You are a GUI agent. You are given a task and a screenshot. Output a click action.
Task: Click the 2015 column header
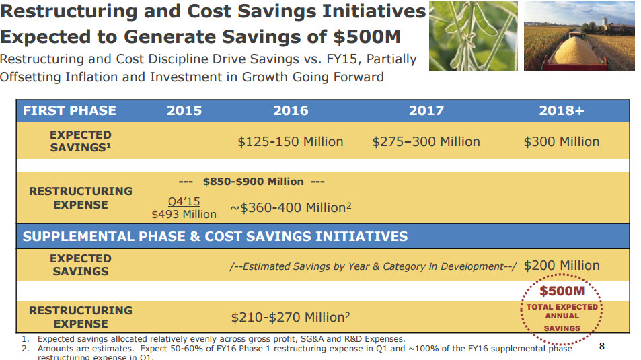tap(184, 111)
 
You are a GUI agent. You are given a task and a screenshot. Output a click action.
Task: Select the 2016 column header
tap(291, 111)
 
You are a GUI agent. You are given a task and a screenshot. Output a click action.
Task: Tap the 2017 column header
tap(426, 111)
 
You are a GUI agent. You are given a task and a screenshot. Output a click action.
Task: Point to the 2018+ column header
tap(562, 111)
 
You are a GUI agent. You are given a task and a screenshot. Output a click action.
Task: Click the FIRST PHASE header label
tap(69, 111)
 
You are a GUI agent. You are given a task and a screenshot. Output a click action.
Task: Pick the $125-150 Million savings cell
tap(291, 142)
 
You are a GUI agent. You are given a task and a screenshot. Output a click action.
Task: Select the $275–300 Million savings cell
tap(426, 142)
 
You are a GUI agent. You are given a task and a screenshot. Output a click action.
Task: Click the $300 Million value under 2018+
tap(562, 142)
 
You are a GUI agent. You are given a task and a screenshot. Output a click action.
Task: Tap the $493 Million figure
tap(184, 214)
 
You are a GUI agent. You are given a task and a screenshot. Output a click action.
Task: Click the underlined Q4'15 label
tap(184, 201)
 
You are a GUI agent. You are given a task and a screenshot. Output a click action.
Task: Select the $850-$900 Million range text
tap(252, 181)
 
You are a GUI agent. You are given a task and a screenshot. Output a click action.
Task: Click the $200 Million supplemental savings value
tap(562, 266)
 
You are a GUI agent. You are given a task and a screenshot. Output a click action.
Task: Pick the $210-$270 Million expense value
tap(291, 317)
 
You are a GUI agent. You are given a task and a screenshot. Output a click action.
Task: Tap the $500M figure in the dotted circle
tap(562, 291)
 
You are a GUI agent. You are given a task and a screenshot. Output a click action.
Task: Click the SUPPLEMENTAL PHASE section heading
tap(215, 236)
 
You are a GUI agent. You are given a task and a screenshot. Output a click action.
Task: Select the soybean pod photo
tap(474, 36)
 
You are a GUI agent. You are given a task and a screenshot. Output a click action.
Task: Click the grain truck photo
tap(579, 36)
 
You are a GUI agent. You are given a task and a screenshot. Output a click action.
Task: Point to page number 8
tap(602, 347)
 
